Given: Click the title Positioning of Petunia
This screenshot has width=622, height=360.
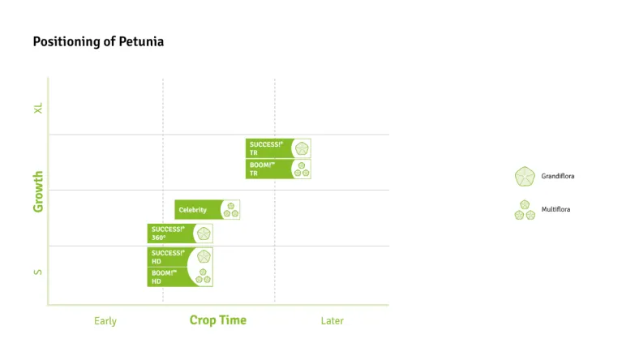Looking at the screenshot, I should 98,41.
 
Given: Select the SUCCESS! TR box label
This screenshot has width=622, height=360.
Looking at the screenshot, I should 266,148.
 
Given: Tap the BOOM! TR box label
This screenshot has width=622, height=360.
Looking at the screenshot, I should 263,169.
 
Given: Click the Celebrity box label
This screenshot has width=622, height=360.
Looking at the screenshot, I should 193,210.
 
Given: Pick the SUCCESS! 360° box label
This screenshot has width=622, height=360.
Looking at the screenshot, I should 168,234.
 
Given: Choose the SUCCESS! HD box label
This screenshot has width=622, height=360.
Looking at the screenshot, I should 168,257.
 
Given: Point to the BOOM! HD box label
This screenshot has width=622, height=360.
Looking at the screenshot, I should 165,277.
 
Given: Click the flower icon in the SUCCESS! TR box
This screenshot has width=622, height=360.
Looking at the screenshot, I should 302,148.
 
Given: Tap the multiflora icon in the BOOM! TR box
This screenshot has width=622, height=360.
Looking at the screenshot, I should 302,169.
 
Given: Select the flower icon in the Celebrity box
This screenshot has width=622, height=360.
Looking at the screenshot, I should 231,210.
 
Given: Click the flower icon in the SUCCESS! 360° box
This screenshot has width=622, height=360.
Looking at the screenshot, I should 203,234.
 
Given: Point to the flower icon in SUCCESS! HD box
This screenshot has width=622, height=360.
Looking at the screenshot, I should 204,256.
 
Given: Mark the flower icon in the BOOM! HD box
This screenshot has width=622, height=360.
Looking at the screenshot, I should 204,277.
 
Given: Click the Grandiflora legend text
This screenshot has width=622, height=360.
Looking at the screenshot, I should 557,176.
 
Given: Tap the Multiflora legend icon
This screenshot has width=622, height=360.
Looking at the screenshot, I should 525,210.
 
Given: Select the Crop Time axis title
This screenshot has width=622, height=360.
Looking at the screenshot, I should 218,320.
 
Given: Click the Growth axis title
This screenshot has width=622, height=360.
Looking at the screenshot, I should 38,191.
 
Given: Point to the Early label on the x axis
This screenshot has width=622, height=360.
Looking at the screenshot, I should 105,321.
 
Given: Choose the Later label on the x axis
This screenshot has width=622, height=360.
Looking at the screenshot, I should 332,321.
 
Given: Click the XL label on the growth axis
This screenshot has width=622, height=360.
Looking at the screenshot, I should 38,108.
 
